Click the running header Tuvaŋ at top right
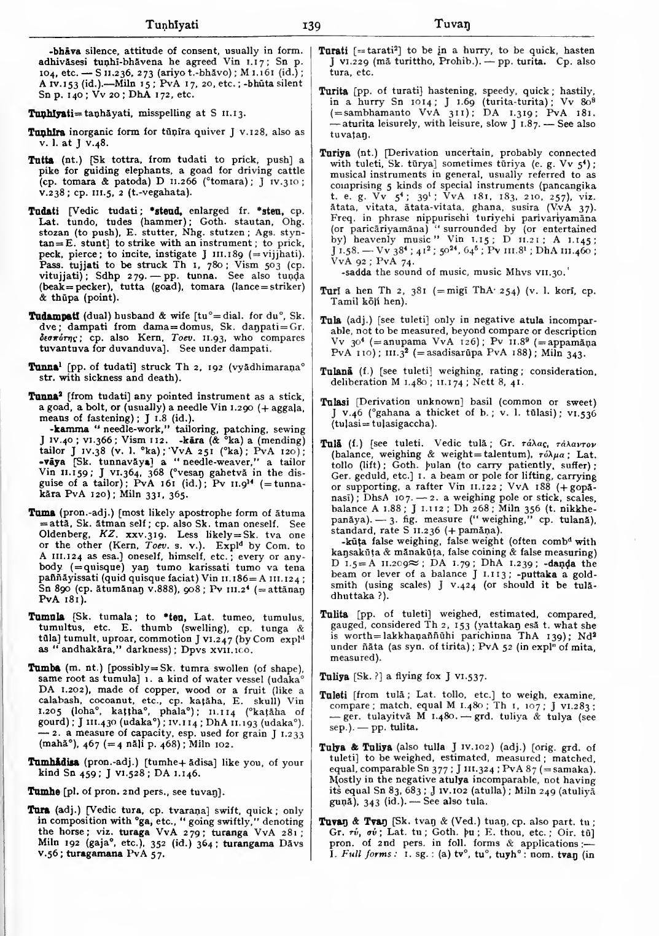pos(451,25)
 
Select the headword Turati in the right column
pos(333,50)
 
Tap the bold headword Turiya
pos(334,153)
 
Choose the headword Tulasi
pos(334,402)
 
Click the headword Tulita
pos(333,614)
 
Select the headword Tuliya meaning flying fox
pos(335,676)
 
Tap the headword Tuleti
pos(334,695)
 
